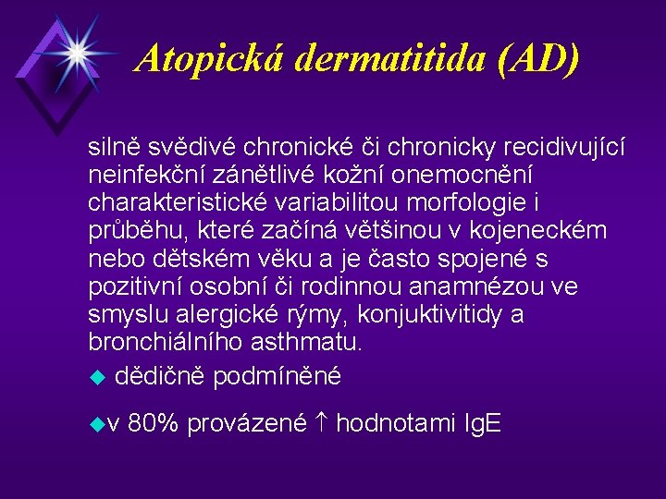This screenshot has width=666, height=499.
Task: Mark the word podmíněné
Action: [277, 376]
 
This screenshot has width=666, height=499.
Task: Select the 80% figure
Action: [154, 424]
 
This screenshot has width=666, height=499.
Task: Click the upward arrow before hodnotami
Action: [320, 424]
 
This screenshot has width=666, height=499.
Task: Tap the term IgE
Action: [480, 424]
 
